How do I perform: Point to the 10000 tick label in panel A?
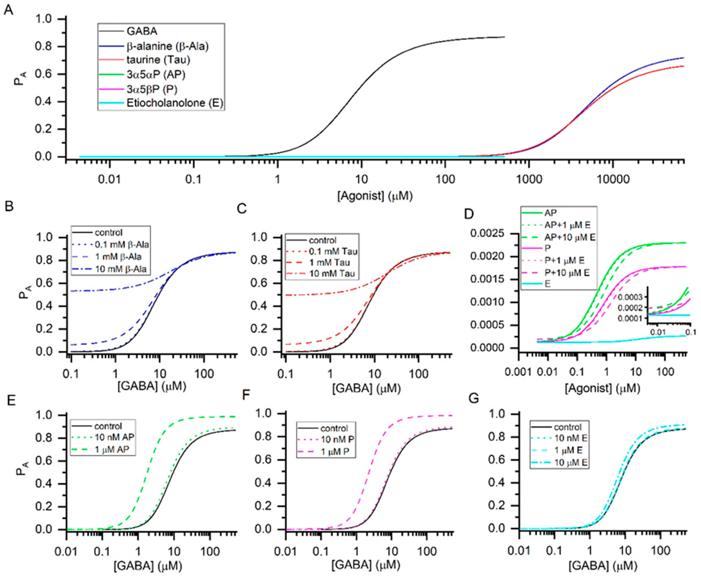tap(613, 179)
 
